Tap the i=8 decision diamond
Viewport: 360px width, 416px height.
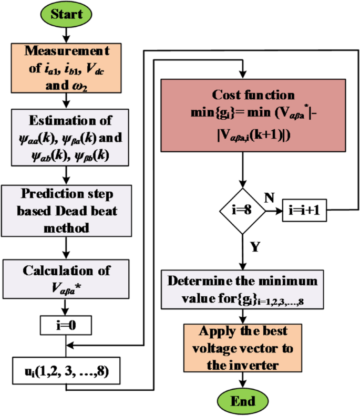[242, 211]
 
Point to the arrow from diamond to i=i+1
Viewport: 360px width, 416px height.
[273, 211]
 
